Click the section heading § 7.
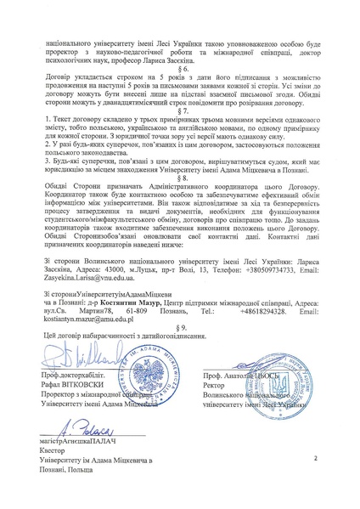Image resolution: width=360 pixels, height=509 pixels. pyautogui.click(x=180, y=110)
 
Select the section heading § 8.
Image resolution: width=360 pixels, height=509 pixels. pyautogui.click(x=180, y=180)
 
